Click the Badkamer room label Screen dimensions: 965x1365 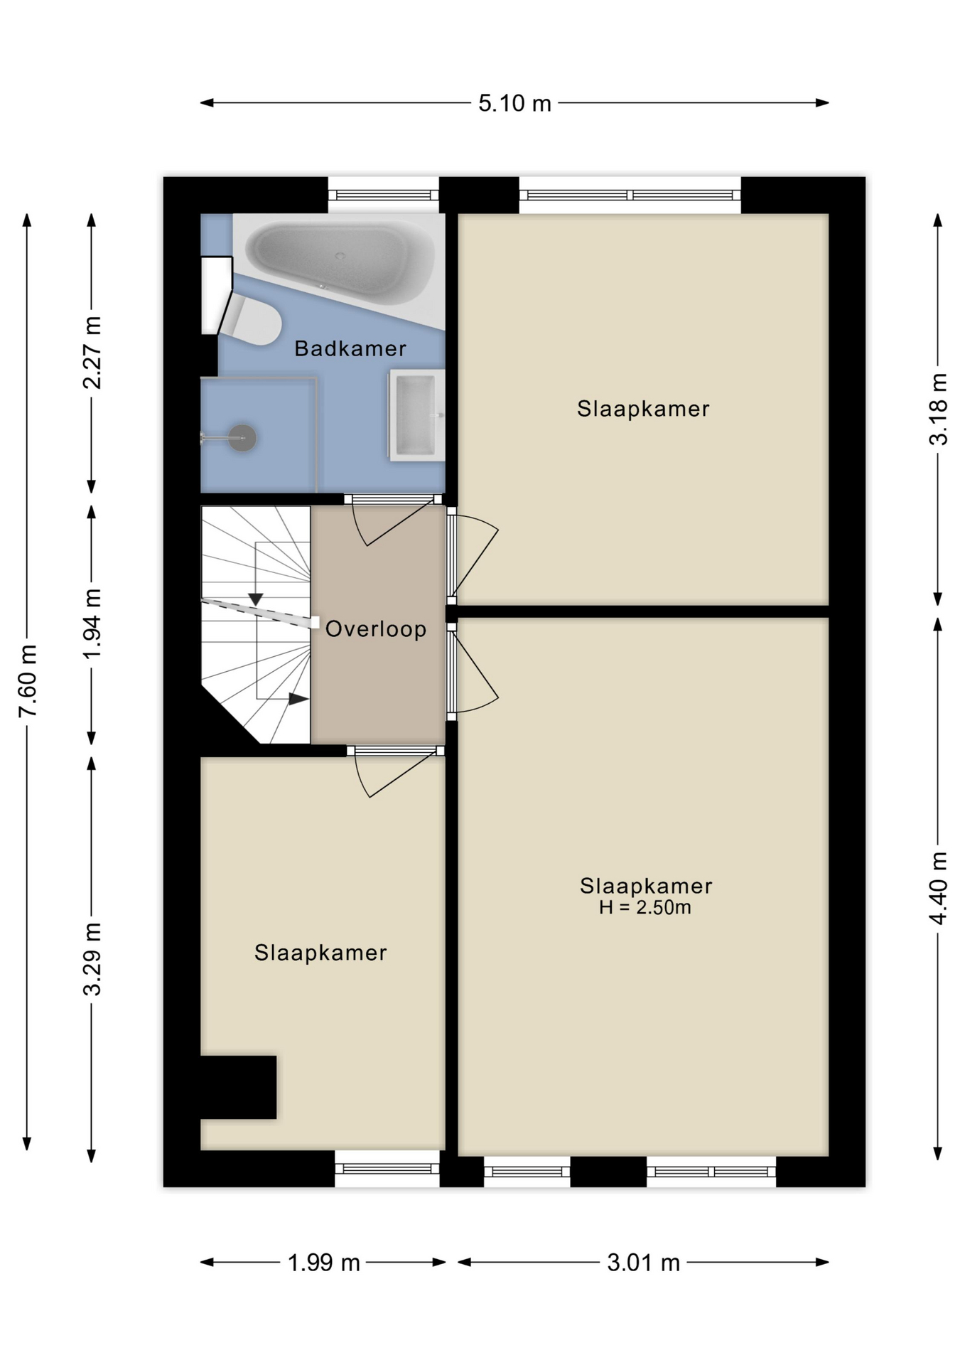click(x=350, y=348)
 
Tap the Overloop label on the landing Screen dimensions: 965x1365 click(x=376, y=629)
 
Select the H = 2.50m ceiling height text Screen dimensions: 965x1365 click(x=645, y=907)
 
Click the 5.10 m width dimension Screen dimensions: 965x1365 click(x=514, y=104)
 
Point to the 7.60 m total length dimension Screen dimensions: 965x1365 click(x=28, y=681)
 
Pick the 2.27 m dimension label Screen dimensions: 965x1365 click(x=92, y=353)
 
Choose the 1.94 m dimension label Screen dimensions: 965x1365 click(x=92, y=624)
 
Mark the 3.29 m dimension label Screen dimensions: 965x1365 click(x=92, y=959)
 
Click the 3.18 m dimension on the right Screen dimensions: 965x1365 click(x=939, y=409)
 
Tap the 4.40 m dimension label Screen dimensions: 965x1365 click(x=939, y=888)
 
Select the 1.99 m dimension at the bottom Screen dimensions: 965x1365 click(x=324, y=1263)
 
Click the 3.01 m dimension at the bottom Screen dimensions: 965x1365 click(x=644, y=1263)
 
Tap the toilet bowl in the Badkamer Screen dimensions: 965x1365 click(x=249, y=321)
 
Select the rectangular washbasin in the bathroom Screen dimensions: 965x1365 click(x=416, y=415)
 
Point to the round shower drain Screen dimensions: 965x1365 click(x=242, y=438)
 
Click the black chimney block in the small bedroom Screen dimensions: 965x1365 click(x=238, y=1087)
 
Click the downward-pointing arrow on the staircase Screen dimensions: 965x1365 click(x=256, y=599)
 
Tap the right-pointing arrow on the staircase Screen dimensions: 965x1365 click(x=298, y=699)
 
